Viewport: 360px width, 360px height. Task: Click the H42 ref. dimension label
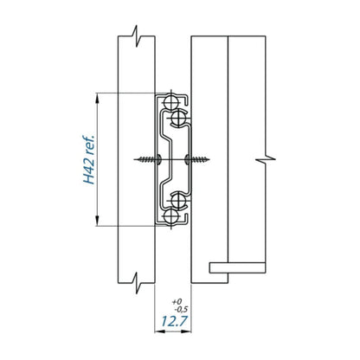coord(89,159)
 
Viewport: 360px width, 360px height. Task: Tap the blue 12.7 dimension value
coord(174,321)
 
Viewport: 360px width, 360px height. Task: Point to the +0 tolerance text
coord(177,302)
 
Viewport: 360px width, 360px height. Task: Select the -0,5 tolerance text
coord(181,310)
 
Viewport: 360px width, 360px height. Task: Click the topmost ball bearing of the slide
coord(170,102)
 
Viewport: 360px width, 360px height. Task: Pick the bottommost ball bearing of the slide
coord(170,216)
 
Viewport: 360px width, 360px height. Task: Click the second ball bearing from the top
coord(179,118)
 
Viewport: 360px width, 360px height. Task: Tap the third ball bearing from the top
coord(179,201)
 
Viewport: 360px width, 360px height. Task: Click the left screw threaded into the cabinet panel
coord(147,159)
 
